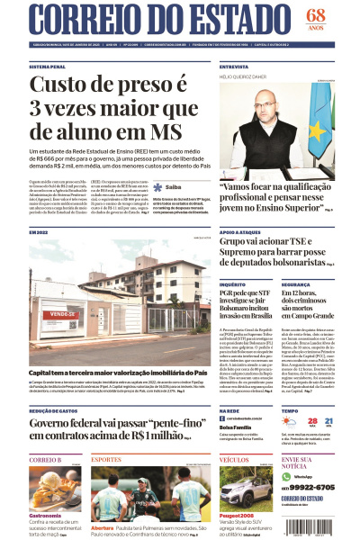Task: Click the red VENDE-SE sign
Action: (x=62, y=314)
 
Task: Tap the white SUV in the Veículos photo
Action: (x=245, y=487)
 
